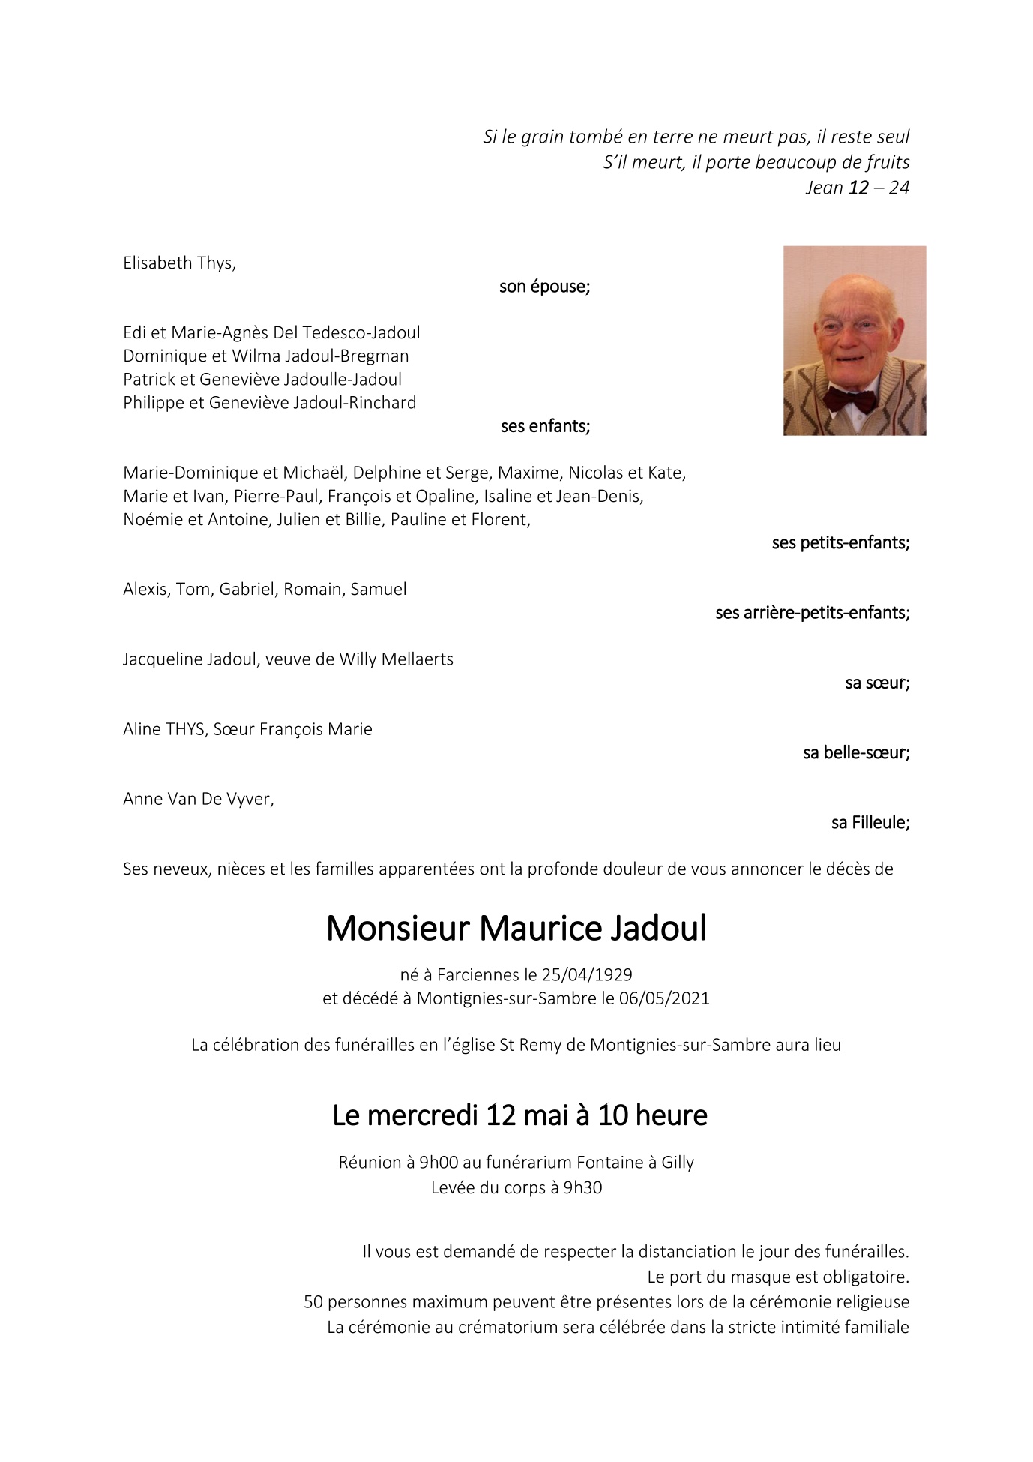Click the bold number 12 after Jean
[858, 188]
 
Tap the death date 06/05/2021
[664, 998]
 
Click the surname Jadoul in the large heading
[657, 929]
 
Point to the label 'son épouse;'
[544, 287]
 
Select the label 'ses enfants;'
[545, 426]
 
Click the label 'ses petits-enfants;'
[840, 543]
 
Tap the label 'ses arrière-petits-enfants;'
[812, 613]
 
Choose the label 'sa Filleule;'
[870, 823]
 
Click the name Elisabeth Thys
[179, 263]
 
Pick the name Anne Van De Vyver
[198, 800]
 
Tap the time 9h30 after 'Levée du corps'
[582, 1188]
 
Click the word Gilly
[678, 1163]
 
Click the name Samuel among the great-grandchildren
[379, 590]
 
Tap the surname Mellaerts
[417, 659]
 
